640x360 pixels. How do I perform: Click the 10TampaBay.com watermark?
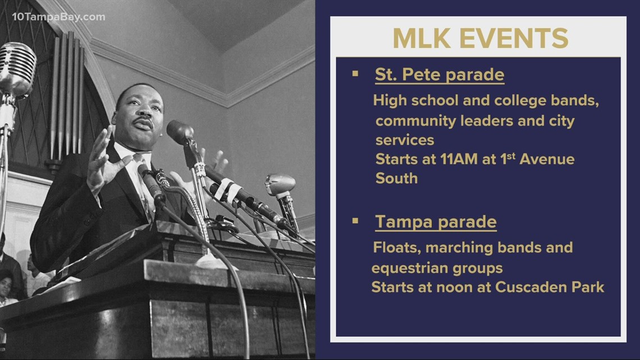point(58,17)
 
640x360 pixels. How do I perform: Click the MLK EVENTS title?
point(480,38)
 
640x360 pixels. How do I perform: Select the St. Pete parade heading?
point(440,75)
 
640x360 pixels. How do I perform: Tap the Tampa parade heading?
point(436,222)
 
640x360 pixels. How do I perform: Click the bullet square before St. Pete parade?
point(354,74)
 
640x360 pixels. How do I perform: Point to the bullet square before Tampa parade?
point(354,221)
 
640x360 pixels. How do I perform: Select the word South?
point(396,179)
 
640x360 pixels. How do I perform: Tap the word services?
point(404,139)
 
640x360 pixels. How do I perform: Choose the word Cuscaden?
point(522,288)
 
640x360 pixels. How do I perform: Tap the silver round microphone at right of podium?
point(280,185)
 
